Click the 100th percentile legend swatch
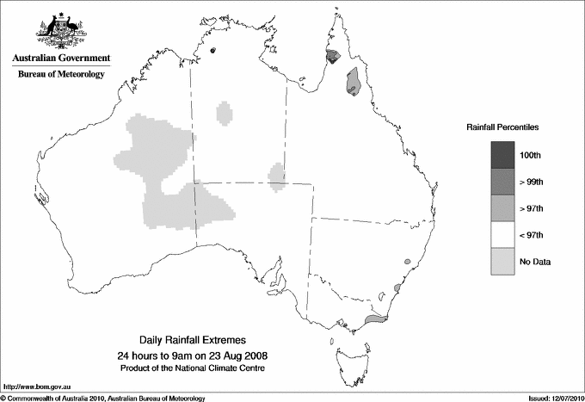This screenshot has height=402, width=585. click(x=502, y=154)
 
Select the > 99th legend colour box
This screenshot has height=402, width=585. click(x=502, y=181)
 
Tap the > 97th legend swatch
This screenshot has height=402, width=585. click(x=502, y=207)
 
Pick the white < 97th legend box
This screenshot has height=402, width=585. click(x=502, y=234)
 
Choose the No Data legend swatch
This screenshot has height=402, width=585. click(x=502, y=261)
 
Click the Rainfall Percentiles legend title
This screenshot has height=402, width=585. click(x=502, y=127)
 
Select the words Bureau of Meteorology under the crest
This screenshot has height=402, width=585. click(x=60, y=75)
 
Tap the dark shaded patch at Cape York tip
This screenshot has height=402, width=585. click(x=333, y=57)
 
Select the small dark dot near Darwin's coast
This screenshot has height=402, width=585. click(x=212, y=50)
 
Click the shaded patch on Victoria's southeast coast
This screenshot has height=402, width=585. click(x=375, y=319)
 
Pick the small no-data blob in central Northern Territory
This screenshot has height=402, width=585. click(x=225, y=113)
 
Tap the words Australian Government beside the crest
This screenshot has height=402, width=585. click(x=60, y=59)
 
